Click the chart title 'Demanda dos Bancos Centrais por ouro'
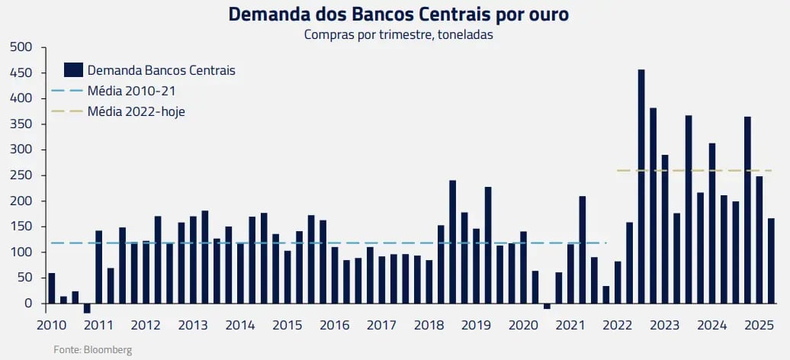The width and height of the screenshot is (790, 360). (398, 14)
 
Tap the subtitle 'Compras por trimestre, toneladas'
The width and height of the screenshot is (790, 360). (397, 34)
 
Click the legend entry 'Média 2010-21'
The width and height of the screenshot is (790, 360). (132, 91)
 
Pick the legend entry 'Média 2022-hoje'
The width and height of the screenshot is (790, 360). (136, 111)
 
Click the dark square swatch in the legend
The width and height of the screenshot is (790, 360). (73, 70)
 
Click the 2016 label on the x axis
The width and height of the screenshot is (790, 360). (335, 325)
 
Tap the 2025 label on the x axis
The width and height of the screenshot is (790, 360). (759, 325)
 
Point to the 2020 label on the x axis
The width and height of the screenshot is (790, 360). (523, 325)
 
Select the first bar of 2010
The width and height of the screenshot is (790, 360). (52, 288)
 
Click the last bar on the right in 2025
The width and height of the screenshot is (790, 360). (771, 261)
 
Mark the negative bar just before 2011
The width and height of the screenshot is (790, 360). (87, 308)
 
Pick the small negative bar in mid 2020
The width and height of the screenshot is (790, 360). (547, 306)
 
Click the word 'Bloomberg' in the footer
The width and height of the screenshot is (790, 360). (108, 349)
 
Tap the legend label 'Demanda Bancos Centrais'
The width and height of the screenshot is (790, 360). (162, 70)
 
